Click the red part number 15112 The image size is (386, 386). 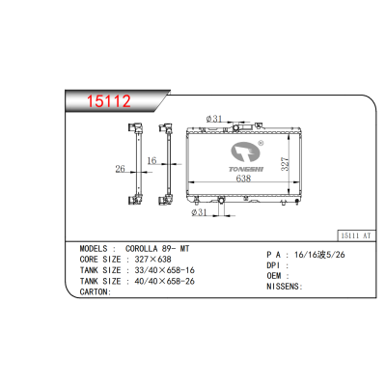[x=109, y=101]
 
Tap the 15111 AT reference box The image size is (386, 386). [x=356, y=235]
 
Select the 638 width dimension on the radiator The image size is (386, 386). [x=243, y=179]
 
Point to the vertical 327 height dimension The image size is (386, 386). [x=286, y=164]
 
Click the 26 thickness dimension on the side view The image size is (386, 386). [x=120, y=169]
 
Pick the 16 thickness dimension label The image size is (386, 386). [x=152, y=160]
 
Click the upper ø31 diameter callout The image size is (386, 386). [x=214, y=119]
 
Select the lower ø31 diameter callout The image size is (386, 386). [x=199, y=212]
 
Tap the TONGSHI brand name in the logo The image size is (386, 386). [x=246, y=169]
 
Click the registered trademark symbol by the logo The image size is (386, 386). [x=261, y=143]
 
